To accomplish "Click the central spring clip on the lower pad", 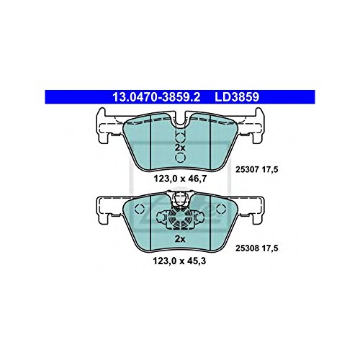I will point(179,216).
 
